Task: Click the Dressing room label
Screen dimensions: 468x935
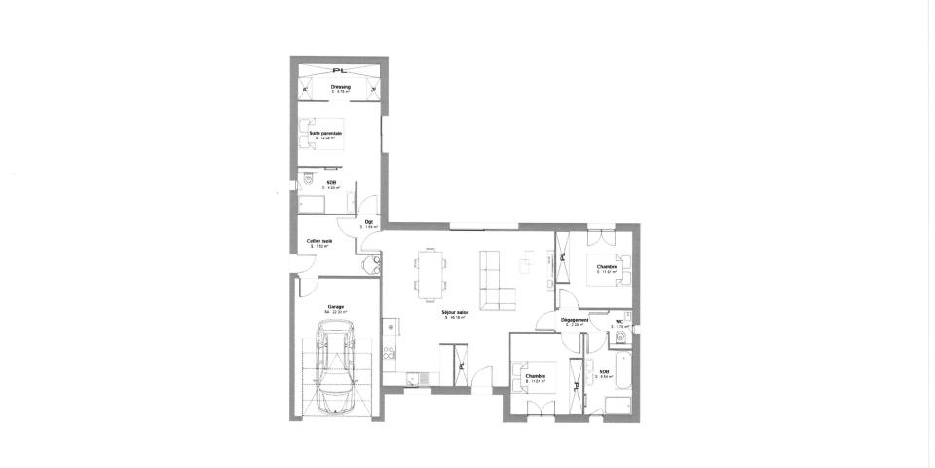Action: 340,87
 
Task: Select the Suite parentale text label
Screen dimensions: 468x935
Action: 325,133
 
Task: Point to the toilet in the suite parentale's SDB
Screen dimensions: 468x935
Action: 307,181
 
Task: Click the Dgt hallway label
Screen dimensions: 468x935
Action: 369,221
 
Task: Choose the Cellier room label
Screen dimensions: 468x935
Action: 318,241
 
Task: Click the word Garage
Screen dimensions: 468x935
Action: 321,306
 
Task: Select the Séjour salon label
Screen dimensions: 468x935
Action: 456,312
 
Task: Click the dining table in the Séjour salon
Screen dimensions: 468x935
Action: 429,272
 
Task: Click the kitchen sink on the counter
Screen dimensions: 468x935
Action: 414,377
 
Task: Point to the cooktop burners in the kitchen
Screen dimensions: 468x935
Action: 389,354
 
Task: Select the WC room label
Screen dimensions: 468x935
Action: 619,320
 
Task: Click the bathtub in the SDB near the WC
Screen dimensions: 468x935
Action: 624,380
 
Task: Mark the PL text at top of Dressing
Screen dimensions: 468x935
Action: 340,71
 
